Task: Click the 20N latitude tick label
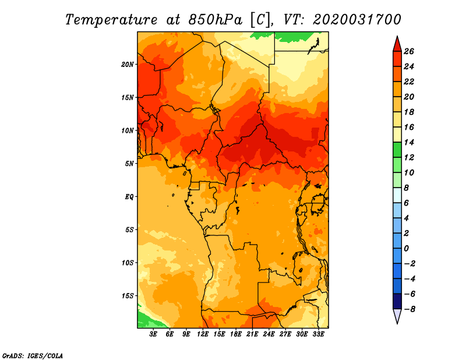pos(127,65)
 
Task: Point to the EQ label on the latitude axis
pos(129,197)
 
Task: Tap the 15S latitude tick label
pos(128,296)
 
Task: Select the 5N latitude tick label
pos(129,164)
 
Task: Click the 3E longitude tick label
pos(153,334)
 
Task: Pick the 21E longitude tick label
pos(252,334)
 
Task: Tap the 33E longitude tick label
pos(318,334)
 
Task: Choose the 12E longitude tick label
pos(202,334)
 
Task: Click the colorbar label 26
pos(409,51)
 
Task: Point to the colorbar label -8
pos(409,309)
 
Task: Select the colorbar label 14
pos(409,142)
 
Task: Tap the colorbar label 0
pos(407,249)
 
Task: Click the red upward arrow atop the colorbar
pos(397,45)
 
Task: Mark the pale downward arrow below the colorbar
pos(397,316)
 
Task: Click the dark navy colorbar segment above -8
pos(397,301)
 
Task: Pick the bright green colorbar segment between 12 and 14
pos(397,150)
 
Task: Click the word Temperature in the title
pos(111,20)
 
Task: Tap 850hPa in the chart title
pos(215,20)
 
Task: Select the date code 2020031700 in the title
pos(357,20)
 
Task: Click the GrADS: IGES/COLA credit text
pos(33,355)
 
